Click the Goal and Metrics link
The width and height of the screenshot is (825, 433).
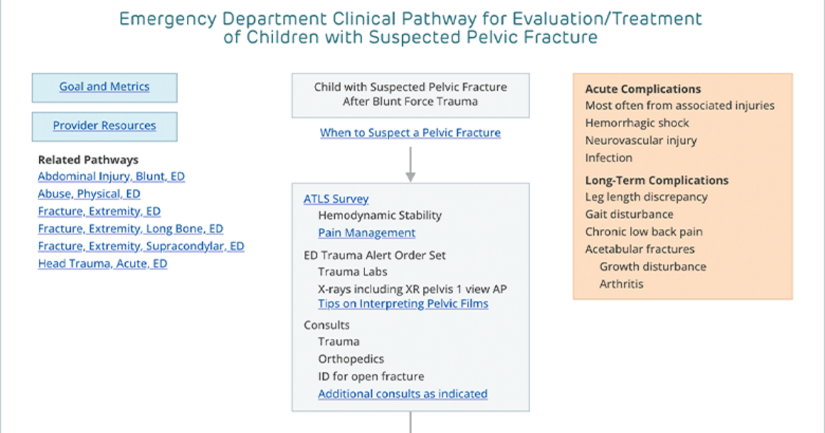tap(104, 87)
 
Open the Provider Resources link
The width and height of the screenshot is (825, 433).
tap(104, 126)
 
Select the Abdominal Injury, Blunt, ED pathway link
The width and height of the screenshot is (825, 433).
tap(111, 177)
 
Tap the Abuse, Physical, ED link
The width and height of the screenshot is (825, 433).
tap(89, 194)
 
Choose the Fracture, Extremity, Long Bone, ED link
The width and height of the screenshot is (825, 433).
tap(131, 229)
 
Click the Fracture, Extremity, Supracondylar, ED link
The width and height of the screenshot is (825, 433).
tap(141, 246)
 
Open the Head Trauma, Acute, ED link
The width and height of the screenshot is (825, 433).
tap(102, 264)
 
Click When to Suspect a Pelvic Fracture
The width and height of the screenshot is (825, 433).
tap(410, 133)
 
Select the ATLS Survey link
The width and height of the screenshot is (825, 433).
tap(336, 199)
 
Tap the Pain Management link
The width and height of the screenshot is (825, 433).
tap(367, 233)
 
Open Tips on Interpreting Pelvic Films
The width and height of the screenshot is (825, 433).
tap(404, 304)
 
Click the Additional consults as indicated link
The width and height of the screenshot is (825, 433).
tap(403, 394)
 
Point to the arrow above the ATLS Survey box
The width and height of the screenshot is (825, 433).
tap(410, 164)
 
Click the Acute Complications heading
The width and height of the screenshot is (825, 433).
tap(643, 89)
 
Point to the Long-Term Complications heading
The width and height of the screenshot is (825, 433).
tap(657, 180)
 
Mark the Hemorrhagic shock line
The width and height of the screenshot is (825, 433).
tap(637, 123)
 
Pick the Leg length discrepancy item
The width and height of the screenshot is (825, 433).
tap(646, 197)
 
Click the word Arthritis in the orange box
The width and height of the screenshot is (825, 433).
tap(621, 285)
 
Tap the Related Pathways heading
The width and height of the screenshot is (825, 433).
tap(89, 159)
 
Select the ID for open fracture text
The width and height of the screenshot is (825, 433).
tap(371, 377)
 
